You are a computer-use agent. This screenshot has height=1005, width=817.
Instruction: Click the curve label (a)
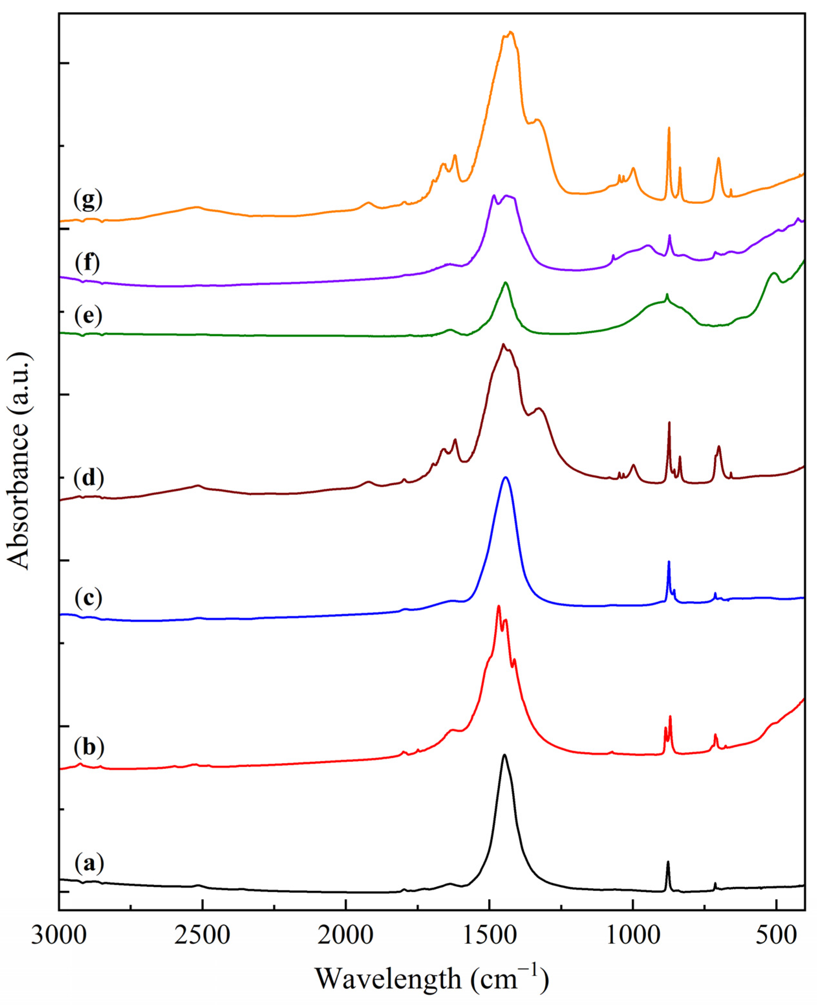click(89, 864)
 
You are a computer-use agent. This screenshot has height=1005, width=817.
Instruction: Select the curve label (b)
click(89, 747)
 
